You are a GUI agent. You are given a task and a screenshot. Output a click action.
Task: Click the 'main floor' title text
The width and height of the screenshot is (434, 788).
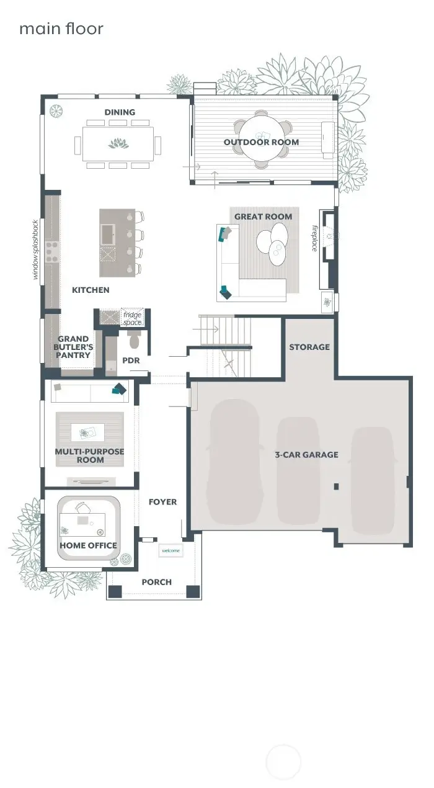[x=61, y=29]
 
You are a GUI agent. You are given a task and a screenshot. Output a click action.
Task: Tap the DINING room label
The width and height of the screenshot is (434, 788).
[x=120, y=112]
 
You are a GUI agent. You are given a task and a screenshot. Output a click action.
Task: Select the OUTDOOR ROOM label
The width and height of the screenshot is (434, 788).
[x=261, y=142]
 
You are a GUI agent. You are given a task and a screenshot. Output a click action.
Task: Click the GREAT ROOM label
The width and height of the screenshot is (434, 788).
[x=263, y=217]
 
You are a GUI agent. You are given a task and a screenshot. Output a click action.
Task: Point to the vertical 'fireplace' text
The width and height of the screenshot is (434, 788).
[x=314, y=238]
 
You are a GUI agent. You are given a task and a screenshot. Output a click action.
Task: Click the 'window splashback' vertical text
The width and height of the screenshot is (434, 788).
[x=36, y=249]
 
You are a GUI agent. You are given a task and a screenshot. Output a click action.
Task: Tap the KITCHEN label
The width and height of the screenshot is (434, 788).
[x=91, y=290]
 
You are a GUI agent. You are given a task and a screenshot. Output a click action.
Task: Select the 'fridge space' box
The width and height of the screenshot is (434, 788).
[x=131, y=318]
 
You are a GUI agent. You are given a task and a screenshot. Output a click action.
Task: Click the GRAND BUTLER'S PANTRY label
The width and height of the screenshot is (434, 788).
[x=73, y=347]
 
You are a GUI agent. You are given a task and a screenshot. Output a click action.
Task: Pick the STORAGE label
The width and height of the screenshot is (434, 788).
[x=309, y=347]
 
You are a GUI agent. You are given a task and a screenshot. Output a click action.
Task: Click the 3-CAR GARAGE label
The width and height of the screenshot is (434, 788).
[x=306, y=455]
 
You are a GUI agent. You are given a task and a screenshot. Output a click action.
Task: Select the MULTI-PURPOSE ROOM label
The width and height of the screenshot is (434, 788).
[x=89, y=455]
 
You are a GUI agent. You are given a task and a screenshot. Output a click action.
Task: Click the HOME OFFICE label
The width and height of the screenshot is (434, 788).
[x=88, y=545]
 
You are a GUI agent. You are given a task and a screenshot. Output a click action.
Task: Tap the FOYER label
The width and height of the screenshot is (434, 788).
[x=162, y=502]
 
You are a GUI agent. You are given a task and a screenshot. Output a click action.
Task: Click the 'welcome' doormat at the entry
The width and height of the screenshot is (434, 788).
[x=170, y=550]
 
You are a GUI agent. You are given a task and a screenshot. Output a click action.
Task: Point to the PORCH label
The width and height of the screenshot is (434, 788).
[x=157, y=582]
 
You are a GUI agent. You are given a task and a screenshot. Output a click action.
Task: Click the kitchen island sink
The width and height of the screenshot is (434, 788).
[x=108, y=234]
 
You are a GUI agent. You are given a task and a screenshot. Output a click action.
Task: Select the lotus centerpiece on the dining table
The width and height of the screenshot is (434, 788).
[x=117, y=144]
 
